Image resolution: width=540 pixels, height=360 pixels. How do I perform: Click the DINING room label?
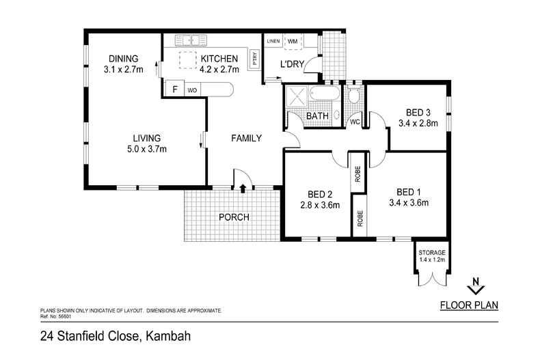(x=123, y=58)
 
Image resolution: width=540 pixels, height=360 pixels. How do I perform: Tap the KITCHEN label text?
(x=219, y=59)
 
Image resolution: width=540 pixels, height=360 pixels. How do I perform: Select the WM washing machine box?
(x=293, y=42)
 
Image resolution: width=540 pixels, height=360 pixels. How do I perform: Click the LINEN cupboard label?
(x=273, y=42)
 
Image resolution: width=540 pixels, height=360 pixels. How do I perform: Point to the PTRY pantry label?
(x=254, y=58)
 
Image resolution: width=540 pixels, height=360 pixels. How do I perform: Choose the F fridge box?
(x=175, y=89)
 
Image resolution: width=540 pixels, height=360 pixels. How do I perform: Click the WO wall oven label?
(x=192, y=90)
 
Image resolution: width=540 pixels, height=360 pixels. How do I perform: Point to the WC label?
(x=355, y=122)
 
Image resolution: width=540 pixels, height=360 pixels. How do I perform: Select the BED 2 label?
(x=321, y=193)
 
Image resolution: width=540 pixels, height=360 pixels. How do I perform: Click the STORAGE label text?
(x=432, y=253)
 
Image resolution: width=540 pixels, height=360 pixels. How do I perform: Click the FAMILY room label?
(x=247, y=139)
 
